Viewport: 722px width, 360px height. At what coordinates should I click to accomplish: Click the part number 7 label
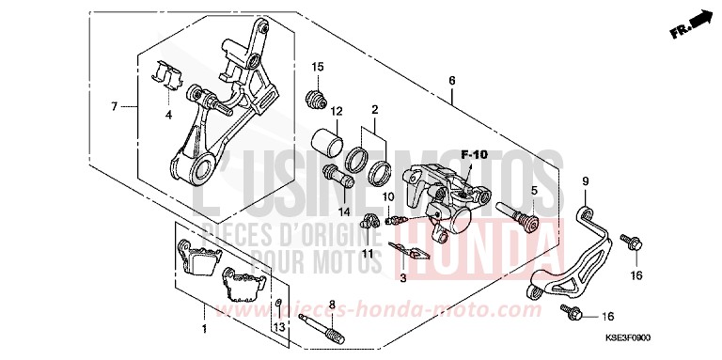click(x=115, y=106)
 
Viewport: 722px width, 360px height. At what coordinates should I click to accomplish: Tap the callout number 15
click(x=319, y=67)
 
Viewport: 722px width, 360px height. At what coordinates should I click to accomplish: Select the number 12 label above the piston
click(x=336, y=111)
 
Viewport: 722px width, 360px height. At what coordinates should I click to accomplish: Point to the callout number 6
click(x=451, y=81)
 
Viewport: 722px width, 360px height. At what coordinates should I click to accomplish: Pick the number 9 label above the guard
click(x=584, y=180)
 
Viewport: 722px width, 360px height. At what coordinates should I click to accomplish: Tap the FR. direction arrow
click(x=690, y=23)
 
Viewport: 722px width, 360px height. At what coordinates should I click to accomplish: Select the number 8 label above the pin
click(x=330, y=304)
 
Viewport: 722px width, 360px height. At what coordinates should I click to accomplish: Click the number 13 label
click(x=278, y=325)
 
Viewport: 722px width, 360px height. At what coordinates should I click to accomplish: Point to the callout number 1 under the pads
click(x=203, y=329)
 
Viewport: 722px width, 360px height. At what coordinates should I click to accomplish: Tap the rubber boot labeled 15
click(x=318, y=96)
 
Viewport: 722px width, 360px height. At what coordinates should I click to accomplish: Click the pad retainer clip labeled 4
click(x=166, y=74)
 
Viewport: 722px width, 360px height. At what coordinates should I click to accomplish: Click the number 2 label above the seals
click(x=374, y=110)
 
